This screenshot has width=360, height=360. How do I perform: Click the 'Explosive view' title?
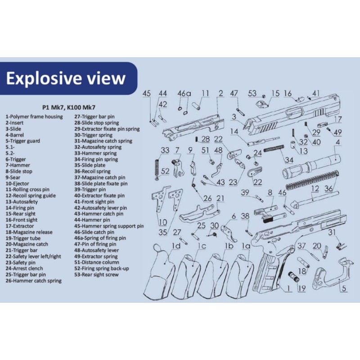[66, 78]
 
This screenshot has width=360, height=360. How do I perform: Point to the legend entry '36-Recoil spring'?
[92, 171]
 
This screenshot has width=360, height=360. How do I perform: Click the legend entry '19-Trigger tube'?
[24, 238]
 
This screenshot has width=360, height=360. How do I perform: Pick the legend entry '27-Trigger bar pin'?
[94, 117]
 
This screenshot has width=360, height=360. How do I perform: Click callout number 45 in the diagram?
[147, 93]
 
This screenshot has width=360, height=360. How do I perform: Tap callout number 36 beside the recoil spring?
[329, 189]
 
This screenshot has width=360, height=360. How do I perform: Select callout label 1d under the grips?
[176, 246]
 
